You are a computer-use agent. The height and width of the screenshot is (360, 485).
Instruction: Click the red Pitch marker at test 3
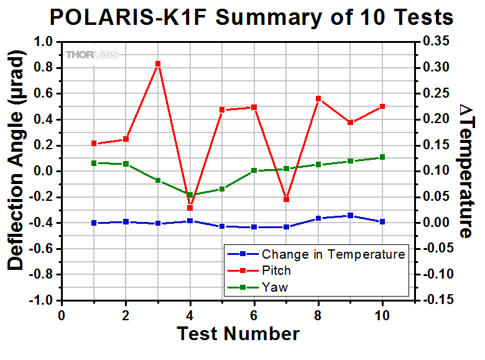pyautogui.click(x=158, y=63)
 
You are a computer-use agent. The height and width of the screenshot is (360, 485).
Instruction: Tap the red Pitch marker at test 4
pyautogui.click(x=190, y=208)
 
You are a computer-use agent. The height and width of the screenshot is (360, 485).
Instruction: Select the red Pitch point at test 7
pyautogui.click(x=286, y=199)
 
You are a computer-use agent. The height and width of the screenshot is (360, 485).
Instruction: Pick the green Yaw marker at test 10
pyautogui.click(x=382, y=157)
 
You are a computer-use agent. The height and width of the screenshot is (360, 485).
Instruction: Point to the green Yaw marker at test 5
pyautogui.click(x=222, y=189)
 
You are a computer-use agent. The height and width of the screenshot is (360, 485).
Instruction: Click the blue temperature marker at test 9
pyautogui.click(x=350, y=216)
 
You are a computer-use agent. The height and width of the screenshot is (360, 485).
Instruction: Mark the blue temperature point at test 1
pyautogui.click(x=94, y=223)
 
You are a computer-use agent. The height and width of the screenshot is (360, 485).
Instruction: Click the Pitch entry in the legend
pyautogui.click(x=276, y=270)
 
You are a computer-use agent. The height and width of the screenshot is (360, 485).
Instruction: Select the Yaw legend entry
pyautogui.click(x=273, y=287)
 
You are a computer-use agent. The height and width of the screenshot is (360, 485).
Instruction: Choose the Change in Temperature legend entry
pyautogui.click(x=333, y=254)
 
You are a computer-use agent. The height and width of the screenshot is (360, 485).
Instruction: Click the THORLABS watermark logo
pyautogui.click(x=91, y=54)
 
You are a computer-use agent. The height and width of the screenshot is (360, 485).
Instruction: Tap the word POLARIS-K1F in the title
pyautogui.click(x=129, y=17)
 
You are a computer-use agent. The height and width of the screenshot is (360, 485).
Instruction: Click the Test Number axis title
pyautogui.click(x=238, y=334)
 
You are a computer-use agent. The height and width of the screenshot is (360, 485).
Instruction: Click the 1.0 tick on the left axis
pyautogui.click(x=42, y=42)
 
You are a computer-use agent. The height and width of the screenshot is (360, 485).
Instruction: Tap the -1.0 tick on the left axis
pyautogui.click(x=40, y=300)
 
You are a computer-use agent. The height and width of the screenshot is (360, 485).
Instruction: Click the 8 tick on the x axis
pyautogui.click(x=318, y=315)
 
